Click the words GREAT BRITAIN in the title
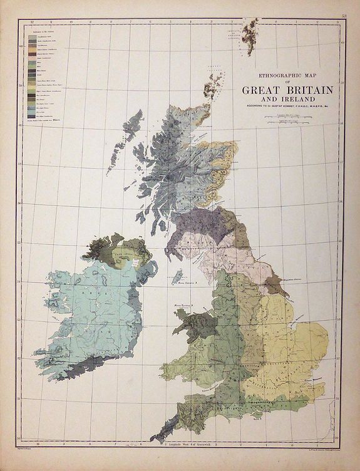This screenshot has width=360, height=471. (x=287, y=89)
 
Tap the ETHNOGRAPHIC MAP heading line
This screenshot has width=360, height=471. (x=287, y=71)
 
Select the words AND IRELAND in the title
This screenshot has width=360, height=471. (x=287, y=98)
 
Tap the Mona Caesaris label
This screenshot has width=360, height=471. (x=188, y=283)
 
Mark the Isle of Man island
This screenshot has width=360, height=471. (x=177, y=276)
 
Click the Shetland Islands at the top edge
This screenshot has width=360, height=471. (x=252, y=29)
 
